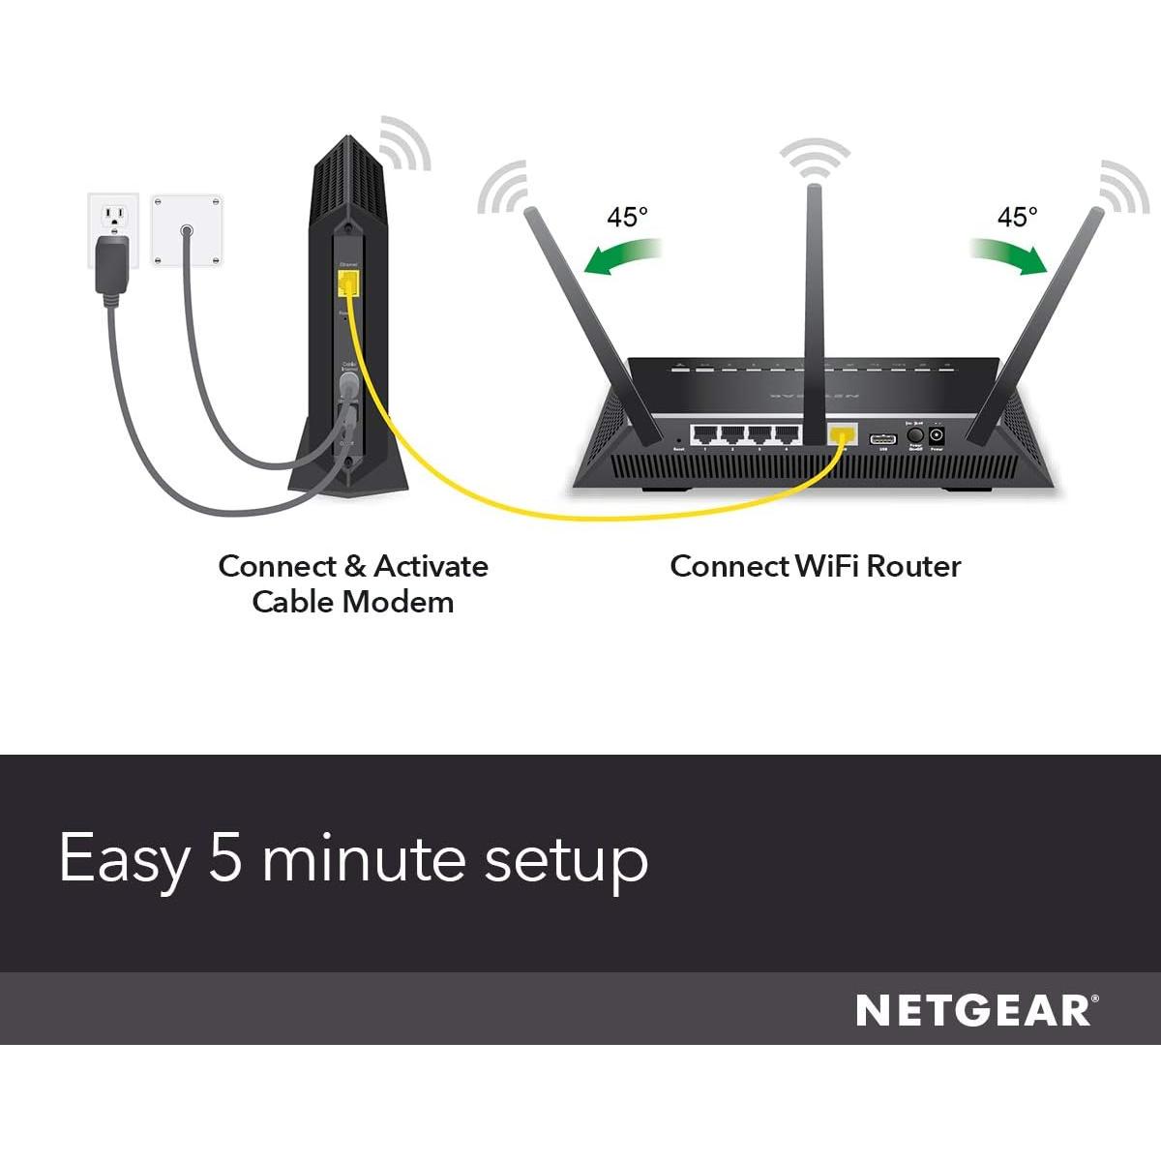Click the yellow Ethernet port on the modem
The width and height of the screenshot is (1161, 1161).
[348, 283]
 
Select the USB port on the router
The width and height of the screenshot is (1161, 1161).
[882, 435]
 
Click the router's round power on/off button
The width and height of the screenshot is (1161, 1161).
[913, 436]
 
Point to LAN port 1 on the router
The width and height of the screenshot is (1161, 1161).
[705, 434]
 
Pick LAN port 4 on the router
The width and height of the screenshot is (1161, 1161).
[787, 434]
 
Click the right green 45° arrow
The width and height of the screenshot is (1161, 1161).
[1010, 255]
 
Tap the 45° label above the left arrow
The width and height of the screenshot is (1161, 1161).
[627, 217]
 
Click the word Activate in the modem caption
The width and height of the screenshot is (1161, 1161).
[431, 566]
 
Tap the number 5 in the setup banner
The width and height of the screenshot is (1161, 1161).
[224, 858]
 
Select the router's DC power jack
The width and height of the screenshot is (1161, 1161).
[937, 437]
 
